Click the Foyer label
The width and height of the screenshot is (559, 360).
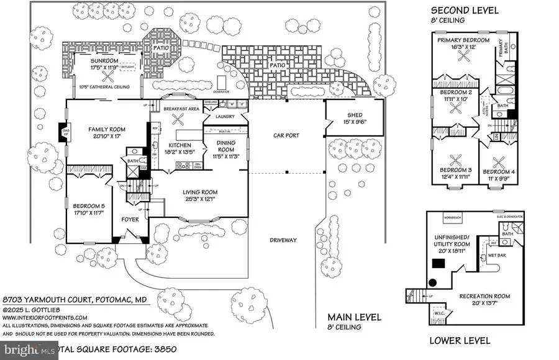[x=129, y=218]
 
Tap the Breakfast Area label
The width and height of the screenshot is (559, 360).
[x=181, y=108]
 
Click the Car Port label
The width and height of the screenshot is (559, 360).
[x=286, y=135]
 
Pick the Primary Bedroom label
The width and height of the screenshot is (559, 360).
[x=463, y=40]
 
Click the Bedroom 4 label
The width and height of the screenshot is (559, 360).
[x=499, y=171]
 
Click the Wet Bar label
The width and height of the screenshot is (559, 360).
[x=495, y=254]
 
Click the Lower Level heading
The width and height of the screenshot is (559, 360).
[x=460, y=340]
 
